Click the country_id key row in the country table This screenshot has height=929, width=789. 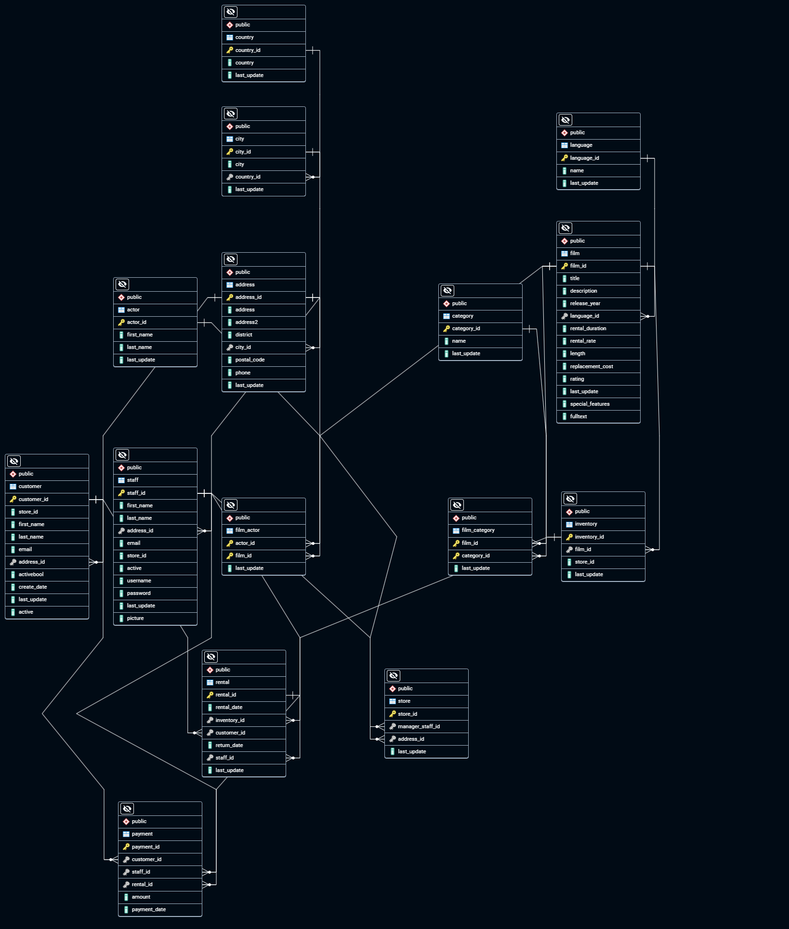click(x=263, y=50)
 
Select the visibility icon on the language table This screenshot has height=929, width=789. click(x=565, y=120)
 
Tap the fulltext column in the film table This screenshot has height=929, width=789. click(x=598, y=416)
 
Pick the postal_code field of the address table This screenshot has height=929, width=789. click(x=263, y=360)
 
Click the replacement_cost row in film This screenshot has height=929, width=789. click(x=598, y=366)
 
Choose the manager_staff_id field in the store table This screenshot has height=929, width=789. click(x=426, y=726)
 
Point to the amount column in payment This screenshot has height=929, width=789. click(x=160, y=897)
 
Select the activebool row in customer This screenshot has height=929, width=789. click(x=47, y=574)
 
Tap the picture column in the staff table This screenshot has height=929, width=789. click(x=155, y=618)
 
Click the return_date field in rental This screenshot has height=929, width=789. click(x=244, y=745)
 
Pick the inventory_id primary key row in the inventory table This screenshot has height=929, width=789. click(x=603, y=537)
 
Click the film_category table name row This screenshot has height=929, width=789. click(x=490, y=530)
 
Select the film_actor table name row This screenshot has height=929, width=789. click(x=263, y=530)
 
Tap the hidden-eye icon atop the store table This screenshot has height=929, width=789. click(x=394, y=676)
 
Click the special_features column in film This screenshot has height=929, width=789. click(x=598, y=404)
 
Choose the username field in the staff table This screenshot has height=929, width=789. click(x=155, y=581)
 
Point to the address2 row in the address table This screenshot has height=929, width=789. click(x=263, y=322)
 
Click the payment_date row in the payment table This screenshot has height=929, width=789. click(x=160, y=909)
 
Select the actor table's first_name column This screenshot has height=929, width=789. click(x=155, y=335)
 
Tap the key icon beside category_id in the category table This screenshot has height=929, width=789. click(x=447, y=329)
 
